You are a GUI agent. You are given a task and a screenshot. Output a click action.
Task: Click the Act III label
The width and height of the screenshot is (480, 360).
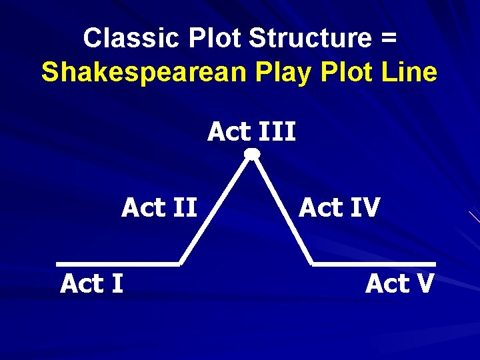(251, 132)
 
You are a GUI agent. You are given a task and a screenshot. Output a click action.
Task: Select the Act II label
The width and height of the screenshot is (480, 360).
(159, 208)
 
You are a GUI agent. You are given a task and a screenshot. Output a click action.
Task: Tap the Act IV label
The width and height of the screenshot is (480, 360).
(339, 208)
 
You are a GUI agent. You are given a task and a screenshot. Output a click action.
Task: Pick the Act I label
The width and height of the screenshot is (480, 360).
(91, 284)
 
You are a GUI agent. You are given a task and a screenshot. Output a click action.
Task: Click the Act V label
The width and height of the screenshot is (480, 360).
(399, 284)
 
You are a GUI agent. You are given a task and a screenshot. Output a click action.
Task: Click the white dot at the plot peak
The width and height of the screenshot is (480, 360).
(251, 154)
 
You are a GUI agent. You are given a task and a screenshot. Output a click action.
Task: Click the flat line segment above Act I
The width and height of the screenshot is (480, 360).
(118, 264)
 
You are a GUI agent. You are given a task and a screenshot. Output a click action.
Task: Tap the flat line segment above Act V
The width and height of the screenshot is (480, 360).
(373, 264)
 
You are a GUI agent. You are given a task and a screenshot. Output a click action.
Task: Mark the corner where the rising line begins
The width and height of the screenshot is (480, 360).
(180, 264)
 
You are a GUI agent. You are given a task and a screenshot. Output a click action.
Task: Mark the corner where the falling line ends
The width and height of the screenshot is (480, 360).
(312, 264)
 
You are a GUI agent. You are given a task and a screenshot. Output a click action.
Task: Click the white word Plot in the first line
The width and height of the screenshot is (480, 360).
(219, 39)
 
